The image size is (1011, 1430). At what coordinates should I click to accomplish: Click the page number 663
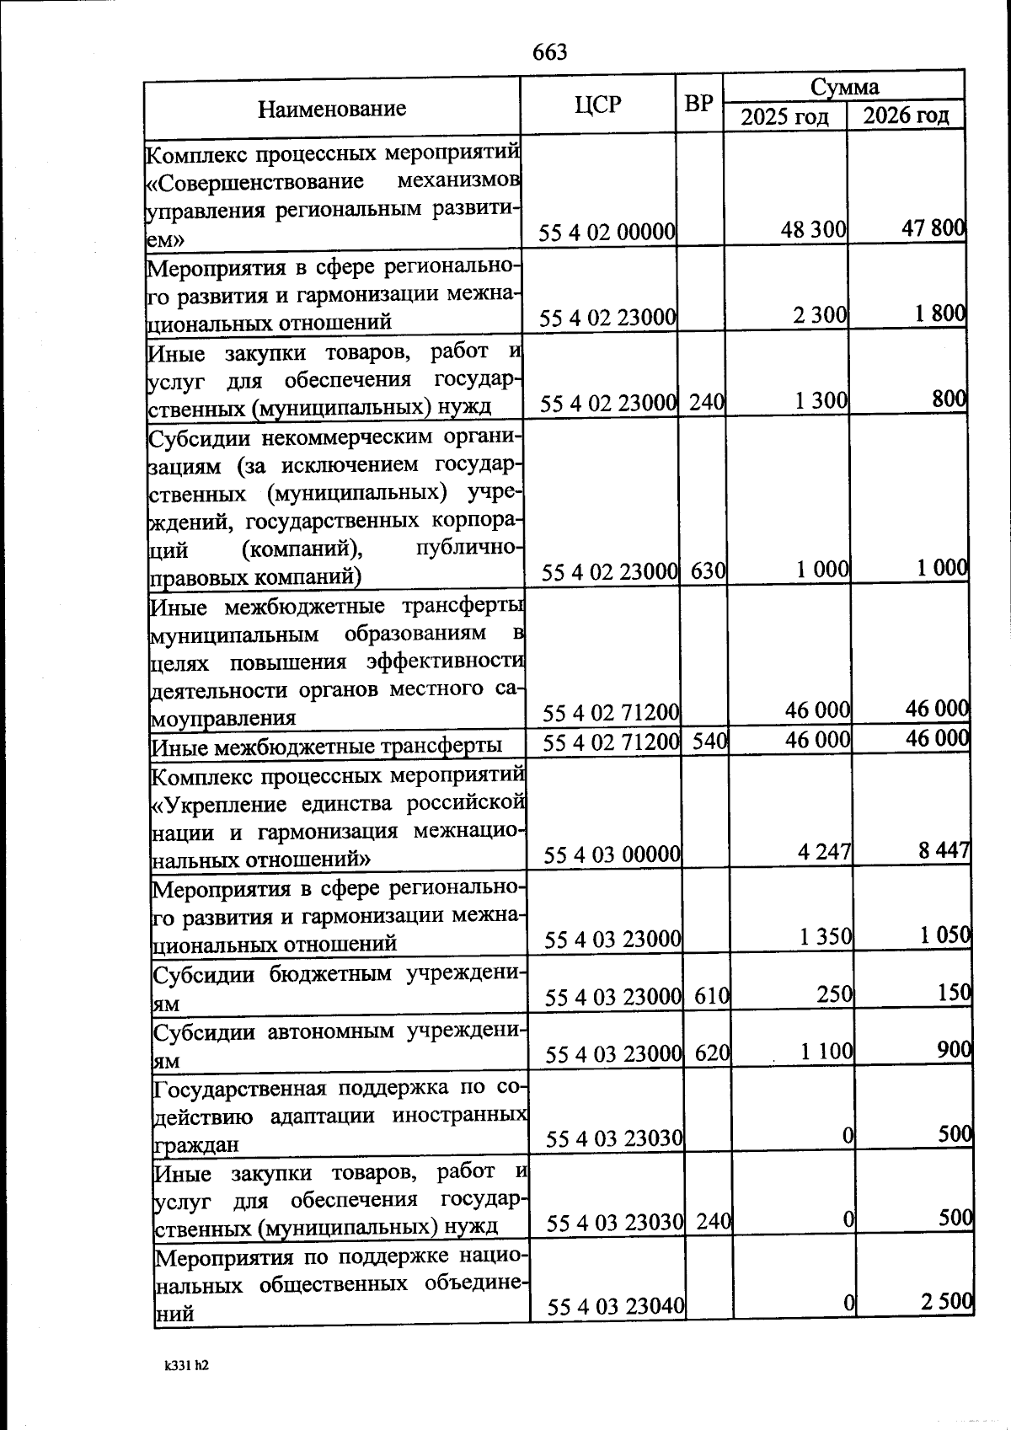pos(550,52)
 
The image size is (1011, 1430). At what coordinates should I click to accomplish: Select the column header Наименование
pos(331,109)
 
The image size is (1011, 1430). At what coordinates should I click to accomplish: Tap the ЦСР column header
pos(597,104)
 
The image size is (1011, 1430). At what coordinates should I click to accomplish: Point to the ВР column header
pos(698,104)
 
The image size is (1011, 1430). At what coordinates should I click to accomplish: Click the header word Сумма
pos(844,86)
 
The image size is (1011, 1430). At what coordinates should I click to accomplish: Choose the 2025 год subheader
pos(784,116)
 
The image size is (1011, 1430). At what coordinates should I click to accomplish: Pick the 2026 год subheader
pos(906,115)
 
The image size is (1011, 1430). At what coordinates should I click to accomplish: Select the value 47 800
pos(933,229)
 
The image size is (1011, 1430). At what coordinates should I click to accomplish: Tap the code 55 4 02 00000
pos(607,232)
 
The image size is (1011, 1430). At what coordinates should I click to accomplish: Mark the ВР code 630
pos(708,571)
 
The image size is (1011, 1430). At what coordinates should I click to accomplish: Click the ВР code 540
pos(709,742)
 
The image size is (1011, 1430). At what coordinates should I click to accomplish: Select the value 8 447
pos(944,850)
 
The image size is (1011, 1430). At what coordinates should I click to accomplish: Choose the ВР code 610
pos(712,997)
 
